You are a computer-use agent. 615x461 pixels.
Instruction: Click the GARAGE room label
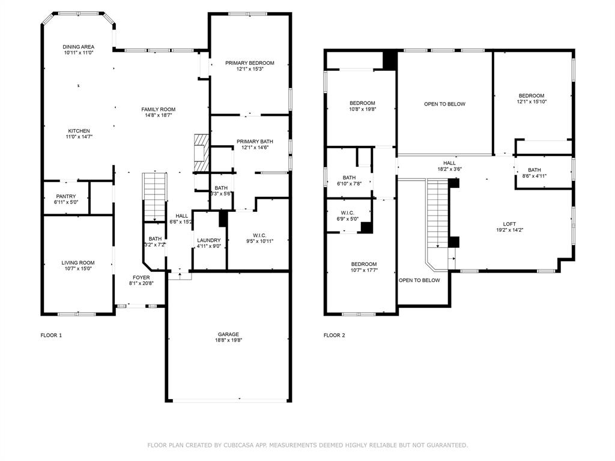[x=228, y=334]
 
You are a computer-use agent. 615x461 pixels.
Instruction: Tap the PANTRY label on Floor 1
[x=65, y=196]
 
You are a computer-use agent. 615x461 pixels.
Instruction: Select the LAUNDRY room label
[x=209, y=240]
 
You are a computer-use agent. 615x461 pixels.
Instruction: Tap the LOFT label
[x=510, y=224]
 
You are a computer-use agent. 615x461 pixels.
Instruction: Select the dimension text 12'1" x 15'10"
[x=532, y=101]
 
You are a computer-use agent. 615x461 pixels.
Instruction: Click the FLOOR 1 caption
[x=51, y=336]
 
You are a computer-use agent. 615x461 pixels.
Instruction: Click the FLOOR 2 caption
[x=335, y=336]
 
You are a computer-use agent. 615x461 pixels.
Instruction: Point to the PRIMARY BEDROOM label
[x=250, y=63]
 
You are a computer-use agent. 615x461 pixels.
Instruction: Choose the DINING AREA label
[x=79, y=47]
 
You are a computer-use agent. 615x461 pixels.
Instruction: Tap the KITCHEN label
[x=79, y=131]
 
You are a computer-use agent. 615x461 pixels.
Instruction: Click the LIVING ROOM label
[x=78, y=262]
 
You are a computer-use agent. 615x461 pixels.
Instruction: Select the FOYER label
[x=142, y=277]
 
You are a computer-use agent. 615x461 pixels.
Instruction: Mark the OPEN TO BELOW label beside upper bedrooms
[x=444, y=104]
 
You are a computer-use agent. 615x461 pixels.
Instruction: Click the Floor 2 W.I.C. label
[x=347, y=212]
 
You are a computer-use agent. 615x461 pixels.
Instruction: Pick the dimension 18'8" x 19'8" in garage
[x=228, y=340]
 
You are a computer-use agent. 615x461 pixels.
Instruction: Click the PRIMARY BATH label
[x=255, y=142]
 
